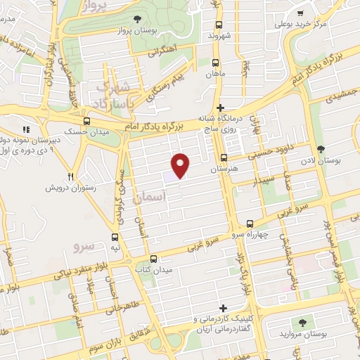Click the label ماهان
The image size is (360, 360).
click(x=214, y=73)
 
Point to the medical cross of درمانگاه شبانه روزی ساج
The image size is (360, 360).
click(x=221, y=108)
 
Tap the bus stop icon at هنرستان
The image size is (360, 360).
click(x=224, y=157)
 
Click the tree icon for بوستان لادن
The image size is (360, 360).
click(x=321, y=149)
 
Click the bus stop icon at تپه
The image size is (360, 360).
click(x=115, y=236)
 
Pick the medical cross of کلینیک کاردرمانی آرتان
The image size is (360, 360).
click(x=223, y=308)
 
